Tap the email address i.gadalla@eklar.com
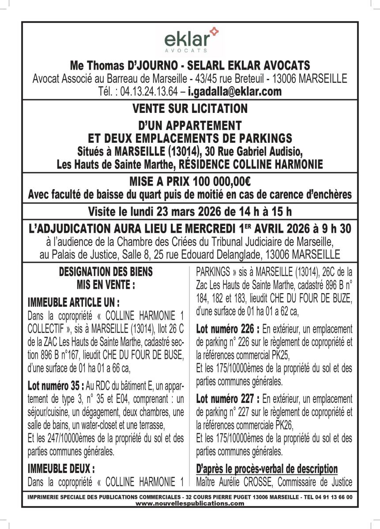pyautogui.click(x=235, y=92)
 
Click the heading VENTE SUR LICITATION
pyautogui.click(x=190, y=108)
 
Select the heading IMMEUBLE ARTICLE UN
pyautogui.click(x=74, y=303)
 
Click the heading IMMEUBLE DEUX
pyautogui.click(x=61, y=468)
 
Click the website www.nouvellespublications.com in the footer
pyautogui.click(x=190, y=503)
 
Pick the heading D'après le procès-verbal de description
pyautogui.click(x=267, y=469)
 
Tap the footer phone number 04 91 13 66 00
pyautogui.click(x=335, y=497)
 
